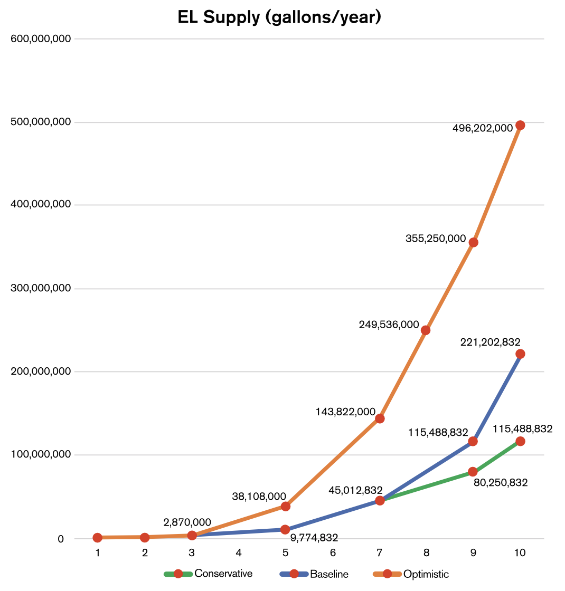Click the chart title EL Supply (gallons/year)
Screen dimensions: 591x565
279,17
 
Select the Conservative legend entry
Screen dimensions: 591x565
223,574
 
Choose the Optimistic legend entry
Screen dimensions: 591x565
426,574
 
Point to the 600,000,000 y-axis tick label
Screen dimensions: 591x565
41,39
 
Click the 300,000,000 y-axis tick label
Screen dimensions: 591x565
41,289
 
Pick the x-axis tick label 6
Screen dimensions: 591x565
333,552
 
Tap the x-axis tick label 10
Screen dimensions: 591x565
520,552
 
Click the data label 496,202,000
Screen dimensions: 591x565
483,127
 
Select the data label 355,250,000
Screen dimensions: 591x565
436,239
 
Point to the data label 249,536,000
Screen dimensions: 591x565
389,325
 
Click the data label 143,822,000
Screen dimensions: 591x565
345,412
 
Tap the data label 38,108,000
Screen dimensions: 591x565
259,497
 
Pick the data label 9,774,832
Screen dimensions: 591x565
314,538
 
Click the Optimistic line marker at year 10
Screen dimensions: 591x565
520,125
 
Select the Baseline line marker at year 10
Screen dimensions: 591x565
520,354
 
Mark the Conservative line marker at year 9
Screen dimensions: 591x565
473,472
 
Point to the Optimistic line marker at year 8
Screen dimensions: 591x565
426,330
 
